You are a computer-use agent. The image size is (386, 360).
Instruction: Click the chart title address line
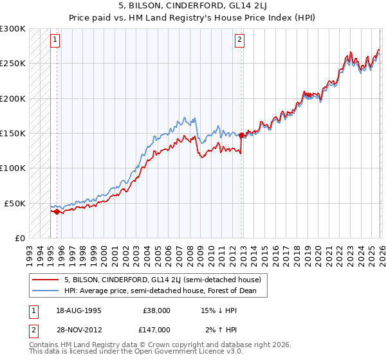coord(193,6)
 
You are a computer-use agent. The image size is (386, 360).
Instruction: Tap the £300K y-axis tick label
coord(12,29)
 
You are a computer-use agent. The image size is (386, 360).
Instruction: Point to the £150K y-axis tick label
coord(12,134)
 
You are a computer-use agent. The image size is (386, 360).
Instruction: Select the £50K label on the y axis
coord(15,203)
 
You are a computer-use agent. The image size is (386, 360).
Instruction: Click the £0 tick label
coord(21,238)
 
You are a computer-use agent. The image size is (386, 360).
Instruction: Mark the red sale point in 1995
coord(57,212)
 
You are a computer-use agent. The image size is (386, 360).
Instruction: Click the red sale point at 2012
coord(242,136)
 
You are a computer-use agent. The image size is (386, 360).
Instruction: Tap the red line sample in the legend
coord(46,280)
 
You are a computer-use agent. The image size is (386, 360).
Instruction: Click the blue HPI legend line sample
coord(46,291)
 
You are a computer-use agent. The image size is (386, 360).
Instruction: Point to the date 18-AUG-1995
coord(78,310)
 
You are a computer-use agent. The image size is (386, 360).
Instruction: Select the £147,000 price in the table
coord(156,329)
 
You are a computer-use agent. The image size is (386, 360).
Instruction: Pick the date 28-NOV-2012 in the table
coord(78,329)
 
